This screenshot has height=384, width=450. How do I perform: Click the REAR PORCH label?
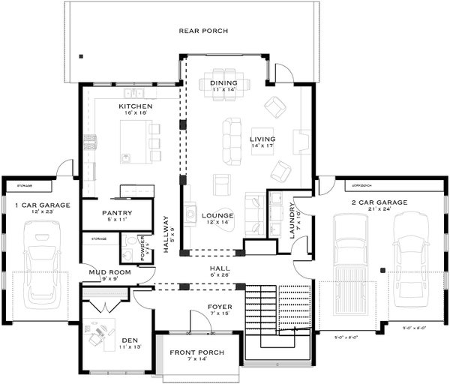tap(202, 31)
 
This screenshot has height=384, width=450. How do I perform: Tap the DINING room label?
tap(223, 82)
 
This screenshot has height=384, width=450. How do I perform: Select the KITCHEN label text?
tap(136, 106)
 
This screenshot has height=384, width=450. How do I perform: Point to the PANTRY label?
tap(116, 213)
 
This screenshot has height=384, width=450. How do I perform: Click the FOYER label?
tap(220, 307)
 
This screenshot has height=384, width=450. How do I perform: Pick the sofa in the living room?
tap(231, 141)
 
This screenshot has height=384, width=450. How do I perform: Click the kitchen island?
tap(136, 143)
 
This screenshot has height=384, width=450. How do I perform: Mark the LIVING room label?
tap(262, 139)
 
